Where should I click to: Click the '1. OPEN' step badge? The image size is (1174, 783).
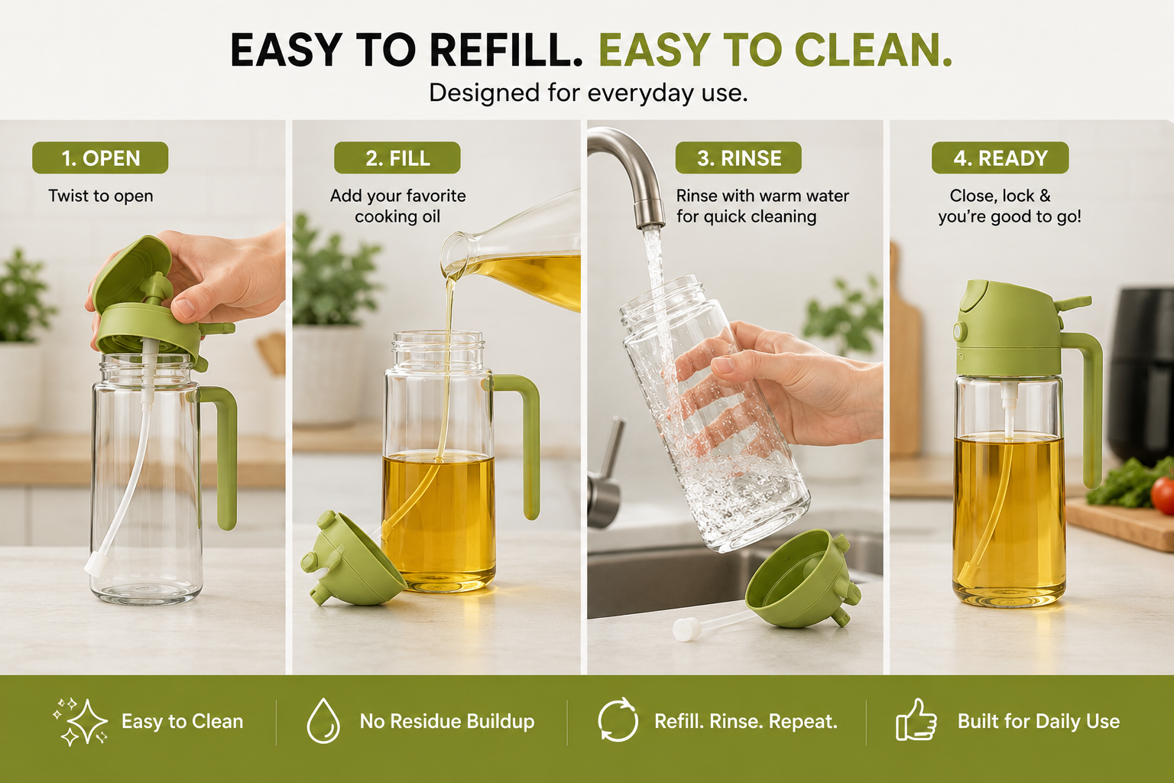100,158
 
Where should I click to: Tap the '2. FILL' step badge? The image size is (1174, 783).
397,158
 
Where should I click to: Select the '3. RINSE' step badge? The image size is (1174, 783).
738,158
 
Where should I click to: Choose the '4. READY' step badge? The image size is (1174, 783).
1000,158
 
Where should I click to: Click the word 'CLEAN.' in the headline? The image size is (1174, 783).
873,50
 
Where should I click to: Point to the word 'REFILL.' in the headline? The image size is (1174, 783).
507,50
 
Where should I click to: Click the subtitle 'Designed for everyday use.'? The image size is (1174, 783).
588,93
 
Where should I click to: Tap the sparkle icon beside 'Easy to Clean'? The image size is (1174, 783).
81,722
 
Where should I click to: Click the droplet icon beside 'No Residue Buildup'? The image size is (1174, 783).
323,720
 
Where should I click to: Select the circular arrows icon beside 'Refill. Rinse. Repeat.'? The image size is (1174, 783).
618,720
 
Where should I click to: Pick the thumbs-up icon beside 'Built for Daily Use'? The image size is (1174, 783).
916,720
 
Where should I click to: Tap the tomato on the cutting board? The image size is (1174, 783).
1163,495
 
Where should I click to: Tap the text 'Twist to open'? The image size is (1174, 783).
101,197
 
